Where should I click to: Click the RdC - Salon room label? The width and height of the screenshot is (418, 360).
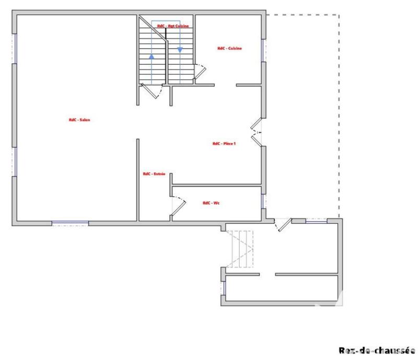coord(79,120)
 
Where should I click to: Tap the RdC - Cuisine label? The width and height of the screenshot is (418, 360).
coord(229,48)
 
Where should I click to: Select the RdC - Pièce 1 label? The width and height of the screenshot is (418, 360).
coord(224,144)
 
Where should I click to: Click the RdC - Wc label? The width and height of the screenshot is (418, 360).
coord(211,203)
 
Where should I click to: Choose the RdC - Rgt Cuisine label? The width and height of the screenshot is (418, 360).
coord(172,26)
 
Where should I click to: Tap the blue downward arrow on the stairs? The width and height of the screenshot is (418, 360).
coord(180,50)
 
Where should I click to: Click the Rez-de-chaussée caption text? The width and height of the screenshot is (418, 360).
coord(376,351)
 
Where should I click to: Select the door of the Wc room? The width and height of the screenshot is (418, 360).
coord(179,205)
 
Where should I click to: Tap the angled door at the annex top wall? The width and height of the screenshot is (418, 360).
coord(283,225)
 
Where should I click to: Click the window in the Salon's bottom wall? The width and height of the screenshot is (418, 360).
coord(70,224)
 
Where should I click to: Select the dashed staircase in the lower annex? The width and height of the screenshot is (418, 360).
coord(242,249)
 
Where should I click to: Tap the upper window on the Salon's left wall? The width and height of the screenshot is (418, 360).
coord(15,49)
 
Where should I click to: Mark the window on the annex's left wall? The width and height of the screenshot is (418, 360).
coord(223,288)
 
